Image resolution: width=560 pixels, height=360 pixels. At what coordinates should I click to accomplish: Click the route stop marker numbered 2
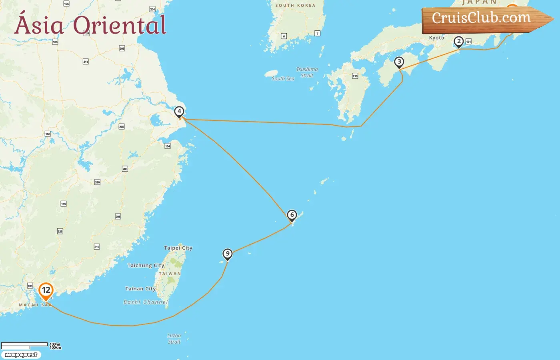coord(459,42)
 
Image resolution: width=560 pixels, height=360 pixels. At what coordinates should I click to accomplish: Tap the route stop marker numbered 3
coord(399,62)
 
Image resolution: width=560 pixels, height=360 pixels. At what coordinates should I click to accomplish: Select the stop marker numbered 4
coord(179,112)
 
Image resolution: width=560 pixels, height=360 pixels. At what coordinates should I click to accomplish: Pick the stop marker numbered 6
coord(292,216)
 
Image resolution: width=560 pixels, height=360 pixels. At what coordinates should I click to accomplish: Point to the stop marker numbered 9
coord(228,254)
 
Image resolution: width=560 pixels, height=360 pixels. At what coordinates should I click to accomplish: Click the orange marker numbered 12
coord(46,291)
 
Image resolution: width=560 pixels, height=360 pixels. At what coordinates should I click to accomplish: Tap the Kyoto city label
coord(436,38)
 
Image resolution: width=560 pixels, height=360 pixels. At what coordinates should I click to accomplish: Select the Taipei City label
coord(178,248)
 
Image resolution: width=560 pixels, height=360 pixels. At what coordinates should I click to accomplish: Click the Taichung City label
coord(146,266)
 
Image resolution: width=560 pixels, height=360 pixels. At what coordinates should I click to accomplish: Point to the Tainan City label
coord(140,289)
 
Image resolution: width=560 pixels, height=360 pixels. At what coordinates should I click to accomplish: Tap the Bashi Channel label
coord(146,302)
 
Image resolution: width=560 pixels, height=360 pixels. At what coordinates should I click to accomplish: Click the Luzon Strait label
coord(174,339)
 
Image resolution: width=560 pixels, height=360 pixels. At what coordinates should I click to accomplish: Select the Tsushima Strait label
coord(307,72)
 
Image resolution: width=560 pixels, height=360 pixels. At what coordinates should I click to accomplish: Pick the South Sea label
coord(283,79)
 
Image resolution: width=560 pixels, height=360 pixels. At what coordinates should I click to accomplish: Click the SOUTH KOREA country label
coord(295,6)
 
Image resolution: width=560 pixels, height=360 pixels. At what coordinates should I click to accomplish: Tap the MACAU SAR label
coord(35,305)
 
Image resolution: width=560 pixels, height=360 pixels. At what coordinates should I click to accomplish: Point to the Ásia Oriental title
coord(90,25)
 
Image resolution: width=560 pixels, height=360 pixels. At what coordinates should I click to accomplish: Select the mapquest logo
coord(21,355)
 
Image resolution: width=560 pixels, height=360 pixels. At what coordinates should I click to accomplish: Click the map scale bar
coord(24,345)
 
